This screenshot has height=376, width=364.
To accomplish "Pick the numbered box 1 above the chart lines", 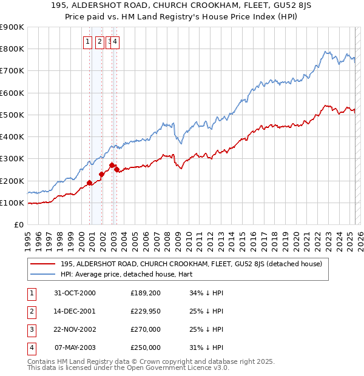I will tap(88, 42).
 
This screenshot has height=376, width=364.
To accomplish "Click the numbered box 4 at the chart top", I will tap(115, 42).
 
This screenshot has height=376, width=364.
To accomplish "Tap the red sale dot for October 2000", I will tap(89, 183).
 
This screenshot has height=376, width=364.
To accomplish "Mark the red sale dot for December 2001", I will tap(101, 174).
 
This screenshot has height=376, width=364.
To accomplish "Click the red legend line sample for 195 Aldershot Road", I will tap(42, 264).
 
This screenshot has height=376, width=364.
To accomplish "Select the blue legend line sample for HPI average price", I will tap(42, 274).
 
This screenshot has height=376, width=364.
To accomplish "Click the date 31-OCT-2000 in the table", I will tap(75, 294).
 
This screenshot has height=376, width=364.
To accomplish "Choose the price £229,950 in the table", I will tap(146, 312).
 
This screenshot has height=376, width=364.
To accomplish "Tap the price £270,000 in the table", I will tap(146, 330).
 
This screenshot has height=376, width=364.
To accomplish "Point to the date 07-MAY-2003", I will tap(75, 348).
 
